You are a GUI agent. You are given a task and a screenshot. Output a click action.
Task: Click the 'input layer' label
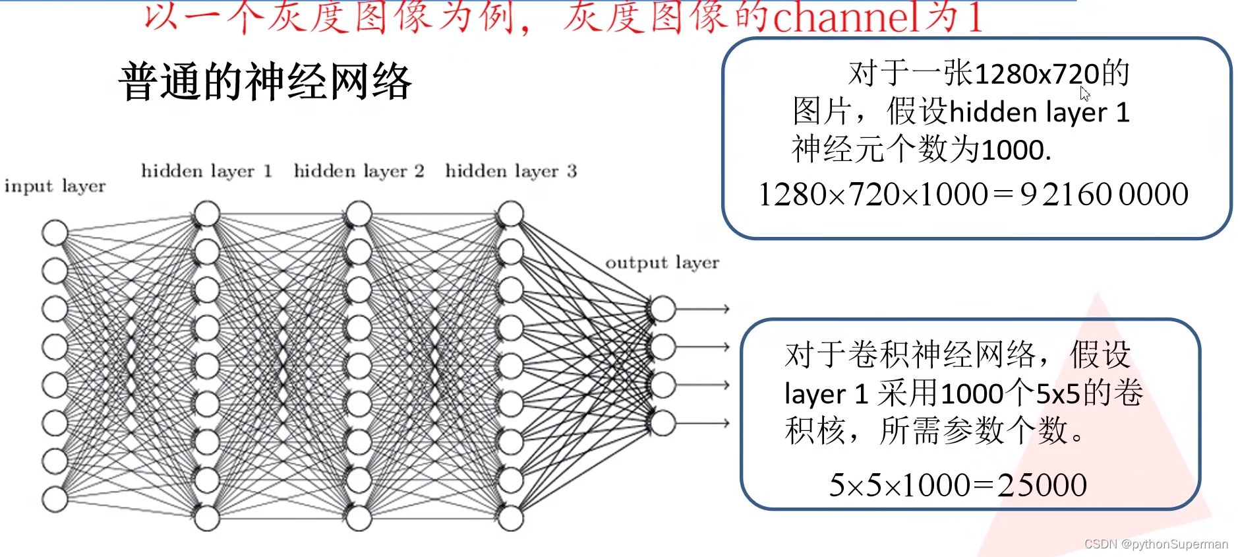(55, 187)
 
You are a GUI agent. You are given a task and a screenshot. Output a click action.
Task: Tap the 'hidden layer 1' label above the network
(206, 172)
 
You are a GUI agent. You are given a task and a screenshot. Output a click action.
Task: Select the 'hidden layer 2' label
(359, 172)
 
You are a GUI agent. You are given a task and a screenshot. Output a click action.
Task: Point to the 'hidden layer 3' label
(511, 172)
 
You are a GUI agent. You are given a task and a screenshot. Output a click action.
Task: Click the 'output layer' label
(662, 263)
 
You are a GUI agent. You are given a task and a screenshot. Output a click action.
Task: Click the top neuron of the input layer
(55, 232)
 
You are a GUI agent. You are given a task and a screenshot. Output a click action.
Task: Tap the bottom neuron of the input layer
(55, 500)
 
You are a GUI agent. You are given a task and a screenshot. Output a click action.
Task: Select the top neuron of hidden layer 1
(206, 214)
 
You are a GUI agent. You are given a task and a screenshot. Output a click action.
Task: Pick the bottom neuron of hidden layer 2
(359, 519)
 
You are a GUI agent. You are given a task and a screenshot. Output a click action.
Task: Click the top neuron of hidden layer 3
(511, 214)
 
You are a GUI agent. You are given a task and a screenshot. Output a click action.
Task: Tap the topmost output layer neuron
(663, 308)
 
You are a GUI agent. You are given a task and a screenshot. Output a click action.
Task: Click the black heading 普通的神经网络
(265, 82)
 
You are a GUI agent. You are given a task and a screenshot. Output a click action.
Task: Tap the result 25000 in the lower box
(1042, 486)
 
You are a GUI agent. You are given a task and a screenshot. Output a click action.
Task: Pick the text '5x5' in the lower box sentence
(1058, 394)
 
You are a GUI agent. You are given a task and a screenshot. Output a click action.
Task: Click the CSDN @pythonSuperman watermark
(1156, 544)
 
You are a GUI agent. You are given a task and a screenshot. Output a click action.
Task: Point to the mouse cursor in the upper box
(1084, 93)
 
